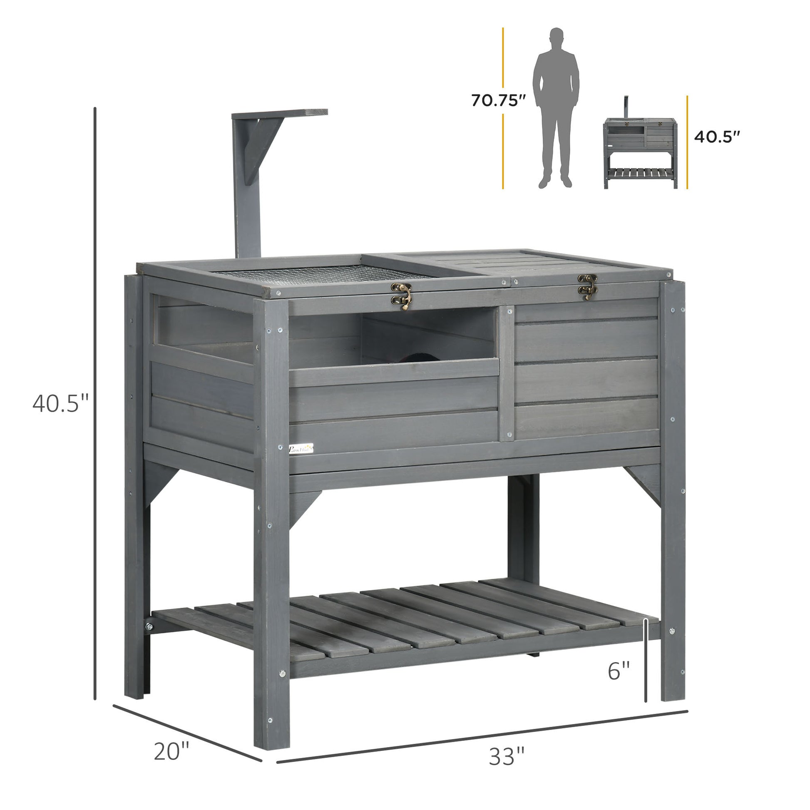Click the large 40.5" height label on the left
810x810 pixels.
[x=60, y=404]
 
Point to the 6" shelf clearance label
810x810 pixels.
[x=619, y=671]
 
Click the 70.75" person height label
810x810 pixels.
[x=498, y=101]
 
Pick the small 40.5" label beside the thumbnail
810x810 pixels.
[x=717, y=137]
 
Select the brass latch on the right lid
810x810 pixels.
[x=587, y=287]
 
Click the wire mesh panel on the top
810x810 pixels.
[x=319, y=273]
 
